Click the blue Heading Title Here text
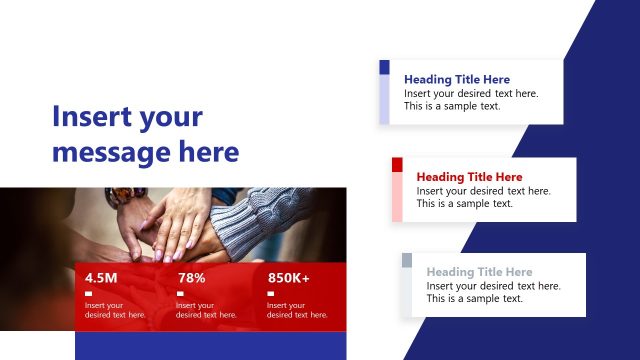click(x=456, y=79)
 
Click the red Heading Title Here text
click(x=469, y=177)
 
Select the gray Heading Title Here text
click(x=479, y=272)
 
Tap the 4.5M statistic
click(x=101, y=278)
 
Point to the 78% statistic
click(x=191, y=278)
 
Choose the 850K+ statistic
click(x=288, y=278)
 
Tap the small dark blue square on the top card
click(x=384, y=67)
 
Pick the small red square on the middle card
click(x=397, y=165)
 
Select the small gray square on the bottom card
click(x=407, y=260)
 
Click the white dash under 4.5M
click(x=88, y=293)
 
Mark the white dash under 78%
click(x=179, y=293)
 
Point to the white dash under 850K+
click(x=270, y=293)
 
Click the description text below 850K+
click(x=297, y=310)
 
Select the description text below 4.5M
click(x=114, y=310)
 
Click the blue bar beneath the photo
click(x=210, y=346)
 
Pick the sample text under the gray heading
click(x=493, y=292)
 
